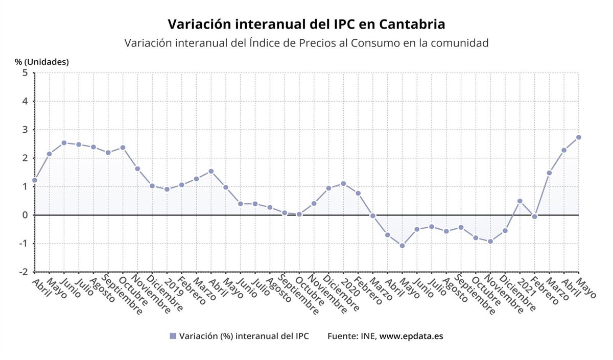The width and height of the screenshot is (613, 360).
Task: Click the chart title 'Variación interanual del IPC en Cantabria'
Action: click(x=306, y=25)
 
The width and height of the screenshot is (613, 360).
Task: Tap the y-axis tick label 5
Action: click(x=25, y=73)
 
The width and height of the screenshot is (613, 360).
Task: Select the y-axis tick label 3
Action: click(x=25, y=130)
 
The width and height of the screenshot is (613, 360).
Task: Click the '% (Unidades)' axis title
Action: click(x=41, y=62)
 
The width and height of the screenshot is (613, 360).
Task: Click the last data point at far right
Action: click(x=579, y=137)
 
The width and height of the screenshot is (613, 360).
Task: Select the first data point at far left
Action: click(x=35, y=180)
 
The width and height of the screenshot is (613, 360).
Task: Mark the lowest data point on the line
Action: click(x=403, y=246)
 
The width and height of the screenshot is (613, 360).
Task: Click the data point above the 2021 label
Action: click(x=520, y=201)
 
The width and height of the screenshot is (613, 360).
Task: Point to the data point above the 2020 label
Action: click(x=343, y=183)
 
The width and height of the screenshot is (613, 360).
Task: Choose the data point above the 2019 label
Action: click(x=167, y=189)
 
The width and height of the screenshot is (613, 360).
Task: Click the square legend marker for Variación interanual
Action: click(x=173, y=336)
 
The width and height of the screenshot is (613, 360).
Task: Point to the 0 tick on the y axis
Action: click(x=25, y=215)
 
